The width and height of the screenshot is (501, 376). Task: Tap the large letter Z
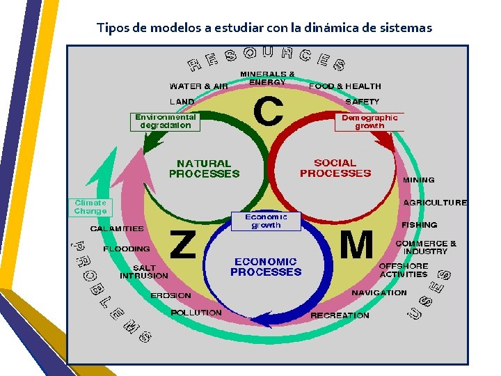[x=183, y=245]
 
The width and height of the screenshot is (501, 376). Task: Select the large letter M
[x=356, y=246]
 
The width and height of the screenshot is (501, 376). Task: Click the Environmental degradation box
[x=166, y=122]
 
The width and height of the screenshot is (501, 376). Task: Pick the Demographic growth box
[x=369, y=122]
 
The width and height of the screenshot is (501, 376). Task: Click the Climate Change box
[x=90, y=207]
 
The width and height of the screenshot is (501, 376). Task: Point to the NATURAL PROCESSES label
[x=204, y=169]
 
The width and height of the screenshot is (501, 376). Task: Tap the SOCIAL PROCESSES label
[x=335, y=168]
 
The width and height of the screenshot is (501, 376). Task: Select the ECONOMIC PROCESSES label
[x=266, y=267]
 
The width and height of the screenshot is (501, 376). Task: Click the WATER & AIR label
[x=199, y=86]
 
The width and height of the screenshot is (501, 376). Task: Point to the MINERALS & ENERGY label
[x=267, y=77]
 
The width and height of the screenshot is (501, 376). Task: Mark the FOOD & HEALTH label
[x=345, y=86]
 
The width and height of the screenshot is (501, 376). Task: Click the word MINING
[x=419, y=180]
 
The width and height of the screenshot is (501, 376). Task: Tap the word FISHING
[x=419, y=225]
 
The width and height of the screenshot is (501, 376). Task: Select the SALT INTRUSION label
[x=144, y=272]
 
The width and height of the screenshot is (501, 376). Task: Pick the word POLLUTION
[x=196, y=313]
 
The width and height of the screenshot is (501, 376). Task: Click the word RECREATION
[x=340, y=315]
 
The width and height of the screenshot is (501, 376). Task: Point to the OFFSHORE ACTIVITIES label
[x=403, y=270]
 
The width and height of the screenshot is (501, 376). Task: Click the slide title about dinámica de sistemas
[x=264, y=29]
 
